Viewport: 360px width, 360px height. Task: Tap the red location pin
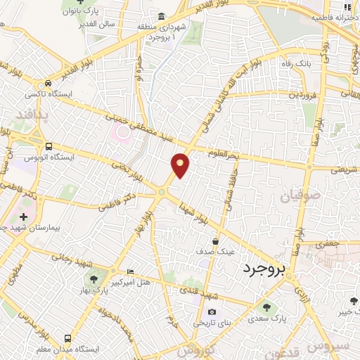[x=181, y=165]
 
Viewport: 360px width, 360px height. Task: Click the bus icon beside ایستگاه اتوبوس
[x=48, y=146]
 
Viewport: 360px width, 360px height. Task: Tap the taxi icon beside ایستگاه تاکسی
[x=48, y=82]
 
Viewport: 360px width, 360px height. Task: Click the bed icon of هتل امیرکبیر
[x=130, y=271]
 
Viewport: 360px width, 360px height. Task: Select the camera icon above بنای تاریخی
[x=212, y=312]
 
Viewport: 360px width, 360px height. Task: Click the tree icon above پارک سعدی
[x=266, y=307]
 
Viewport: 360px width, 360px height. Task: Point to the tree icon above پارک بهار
[x=95, y=272]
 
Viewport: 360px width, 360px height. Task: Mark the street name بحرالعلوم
[x=225, y=153]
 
